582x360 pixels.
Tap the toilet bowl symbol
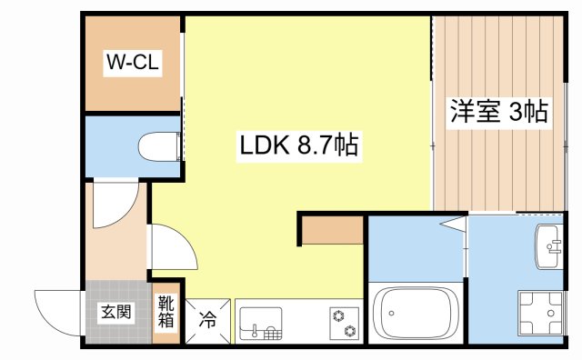158,145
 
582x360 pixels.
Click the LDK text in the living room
265,143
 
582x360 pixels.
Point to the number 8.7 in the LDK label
313,143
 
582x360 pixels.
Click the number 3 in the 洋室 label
516,112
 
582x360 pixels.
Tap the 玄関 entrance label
115,313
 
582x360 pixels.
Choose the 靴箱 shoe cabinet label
166,312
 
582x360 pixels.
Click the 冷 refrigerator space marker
208,320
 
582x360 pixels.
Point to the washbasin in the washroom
549,246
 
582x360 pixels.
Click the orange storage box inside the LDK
331,229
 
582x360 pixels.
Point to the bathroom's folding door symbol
454,224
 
